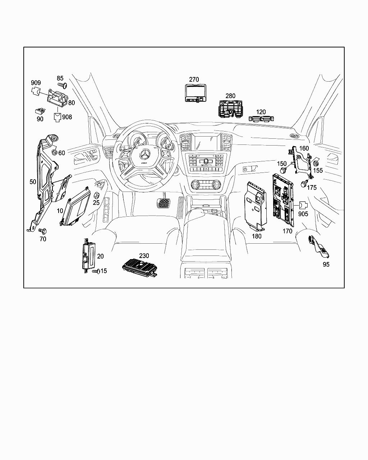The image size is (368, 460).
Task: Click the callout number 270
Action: (194, 79)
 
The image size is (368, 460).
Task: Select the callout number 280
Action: (230, 96)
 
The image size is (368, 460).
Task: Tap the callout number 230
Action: (144, 256)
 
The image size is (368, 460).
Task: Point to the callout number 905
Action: (303, 214)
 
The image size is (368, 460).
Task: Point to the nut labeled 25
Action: (96, 195)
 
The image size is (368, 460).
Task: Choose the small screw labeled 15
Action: (96, 272)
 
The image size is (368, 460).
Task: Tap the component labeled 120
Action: (262, 120)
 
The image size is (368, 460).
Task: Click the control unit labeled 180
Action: (256, 205)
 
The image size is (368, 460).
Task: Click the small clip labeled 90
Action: (40, 111)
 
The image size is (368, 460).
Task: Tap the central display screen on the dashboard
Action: (206, 142)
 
